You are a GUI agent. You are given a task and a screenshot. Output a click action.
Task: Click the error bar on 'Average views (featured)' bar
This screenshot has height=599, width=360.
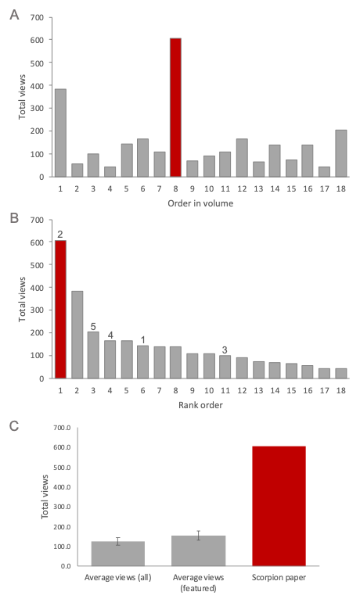tap(199, 536)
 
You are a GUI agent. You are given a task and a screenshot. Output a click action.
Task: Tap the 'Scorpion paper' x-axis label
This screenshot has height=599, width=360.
tap(279, 578)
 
